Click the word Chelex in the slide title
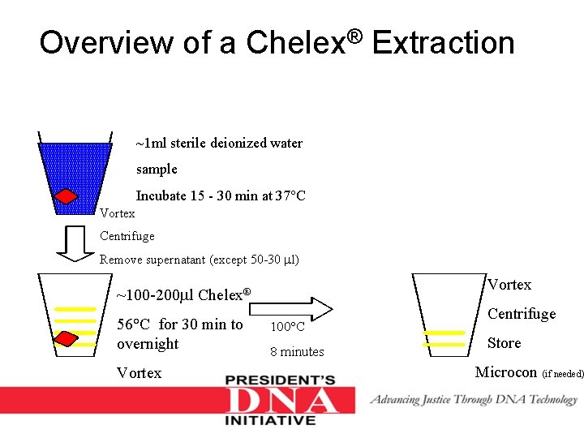(299, 42)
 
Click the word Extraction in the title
(444, 42)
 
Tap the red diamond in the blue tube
(66, 197)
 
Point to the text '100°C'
(287, 327)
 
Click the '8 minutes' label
(297, 351)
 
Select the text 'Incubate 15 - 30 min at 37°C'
(220, 195)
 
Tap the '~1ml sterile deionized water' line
(219, 144)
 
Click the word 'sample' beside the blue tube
(157, 170)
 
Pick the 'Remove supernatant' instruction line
(199, 260)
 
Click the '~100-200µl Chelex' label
(183, 294)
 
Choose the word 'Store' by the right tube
(504, 343)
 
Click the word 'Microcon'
(505, 372)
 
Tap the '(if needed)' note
(562, 374)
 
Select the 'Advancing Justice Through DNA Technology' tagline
(474, 399)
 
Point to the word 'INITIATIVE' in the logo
(270, 421)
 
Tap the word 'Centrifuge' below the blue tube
(127, 236)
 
